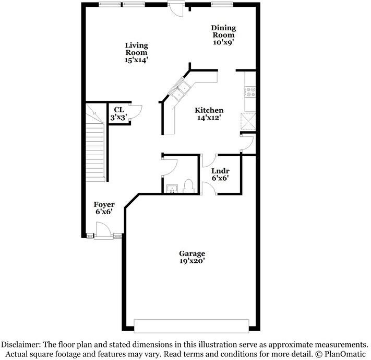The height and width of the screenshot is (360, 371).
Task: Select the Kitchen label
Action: point(209,110)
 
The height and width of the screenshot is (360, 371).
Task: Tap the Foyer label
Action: point(104,204)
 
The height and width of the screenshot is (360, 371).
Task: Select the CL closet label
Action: point(118,110)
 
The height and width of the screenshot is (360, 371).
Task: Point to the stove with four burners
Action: point(249,92)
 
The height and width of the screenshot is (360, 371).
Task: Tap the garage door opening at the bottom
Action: point(191,326)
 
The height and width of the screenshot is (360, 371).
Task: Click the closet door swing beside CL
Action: point(135,111)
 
